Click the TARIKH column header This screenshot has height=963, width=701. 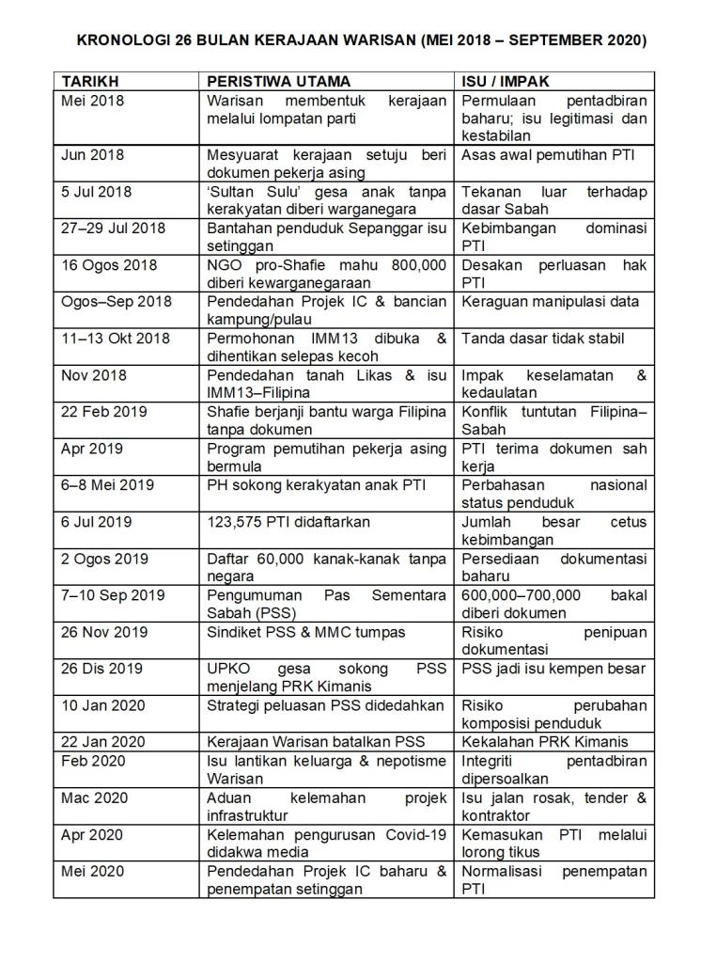[x=90, y=82]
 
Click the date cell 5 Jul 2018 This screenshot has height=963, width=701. [x=97, y=191]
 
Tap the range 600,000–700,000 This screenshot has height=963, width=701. [x=522, y=595]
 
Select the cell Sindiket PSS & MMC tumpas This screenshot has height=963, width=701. [x=305, y=632]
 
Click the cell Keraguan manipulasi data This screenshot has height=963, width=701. [x=550, y=302]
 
